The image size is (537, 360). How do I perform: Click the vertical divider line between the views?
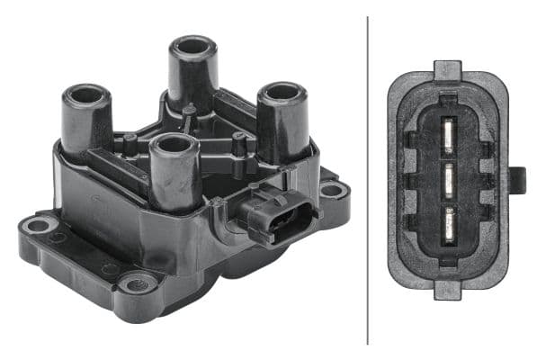coord(368,180)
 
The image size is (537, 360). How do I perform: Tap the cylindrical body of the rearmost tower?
coord(192,76)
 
